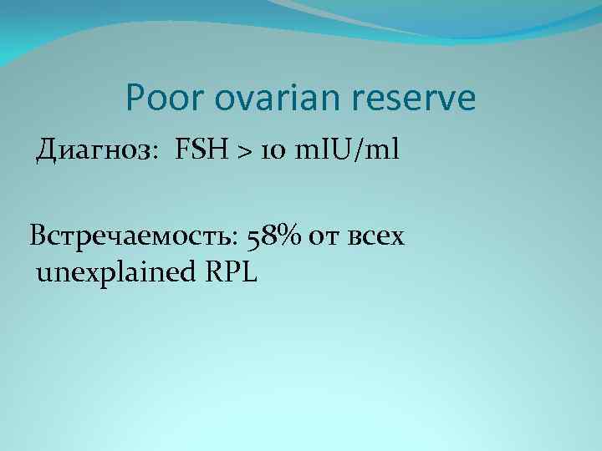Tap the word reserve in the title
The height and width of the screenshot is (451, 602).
point(416,99)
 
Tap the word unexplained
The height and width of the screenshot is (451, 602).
point(114,272)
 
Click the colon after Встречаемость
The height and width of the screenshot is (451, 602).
point(241,240)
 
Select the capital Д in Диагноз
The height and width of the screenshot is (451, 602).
point(46,151)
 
